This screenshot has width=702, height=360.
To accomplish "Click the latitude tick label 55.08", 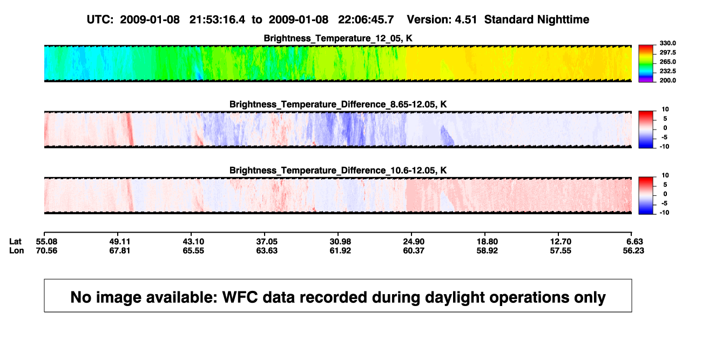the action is pyautogui.click(x=46, y=242).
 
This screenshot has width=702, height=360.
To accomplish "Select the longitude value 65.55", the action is pyautogui.click(x=193, y=250).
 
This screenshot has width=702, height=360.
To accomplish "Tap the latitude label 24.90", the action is pyautogui.click(x=414, y=242).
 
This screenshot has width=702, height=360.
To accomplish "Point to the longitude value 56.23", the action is pyautogui.click(x=633, y=250).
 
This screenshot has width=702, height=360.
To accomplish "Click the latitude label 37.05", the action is pyautogui.click(x=267, y=242).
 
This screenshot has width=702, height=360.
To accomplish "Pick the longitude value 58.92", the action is pyautogui.click(x=487, y=250).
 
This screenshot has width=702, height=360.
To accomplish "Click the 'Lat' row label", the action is pyautogui.click(x=15, y=242).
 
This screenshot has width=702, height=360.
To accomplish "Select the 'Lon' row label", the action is pyautogui.click(x=16, y=250).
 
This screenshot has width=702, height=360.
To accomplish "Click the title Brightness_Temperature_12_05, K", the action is pyautogui.click(x=338, y=38).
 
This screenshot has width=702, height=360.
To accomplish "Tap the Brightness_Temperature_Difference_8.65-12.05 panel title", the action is pyautogui.click(x=338, y=104).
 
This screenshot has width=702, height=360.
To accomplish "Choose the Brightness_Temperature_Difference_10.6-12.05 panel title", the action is pyautogui.click(x=338, y=171).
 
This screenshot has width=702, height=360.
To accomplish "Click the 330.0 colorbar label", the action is pyautogui.click(x=667, y=43).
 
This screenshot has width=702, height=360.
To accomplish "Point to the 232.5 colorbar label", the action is pyautogui.click(x=667, y=71).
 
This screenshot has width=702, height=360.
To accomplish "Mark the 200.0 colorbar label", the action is pyautogui.click(x=667, y=80).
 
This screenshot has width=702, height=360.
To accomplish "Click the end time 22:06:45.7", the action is pyautogui.click(x=366, y=20).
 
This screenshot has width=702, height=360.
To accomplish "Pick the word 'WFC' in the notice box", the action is pyautogui.click(x=240, y=297).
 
